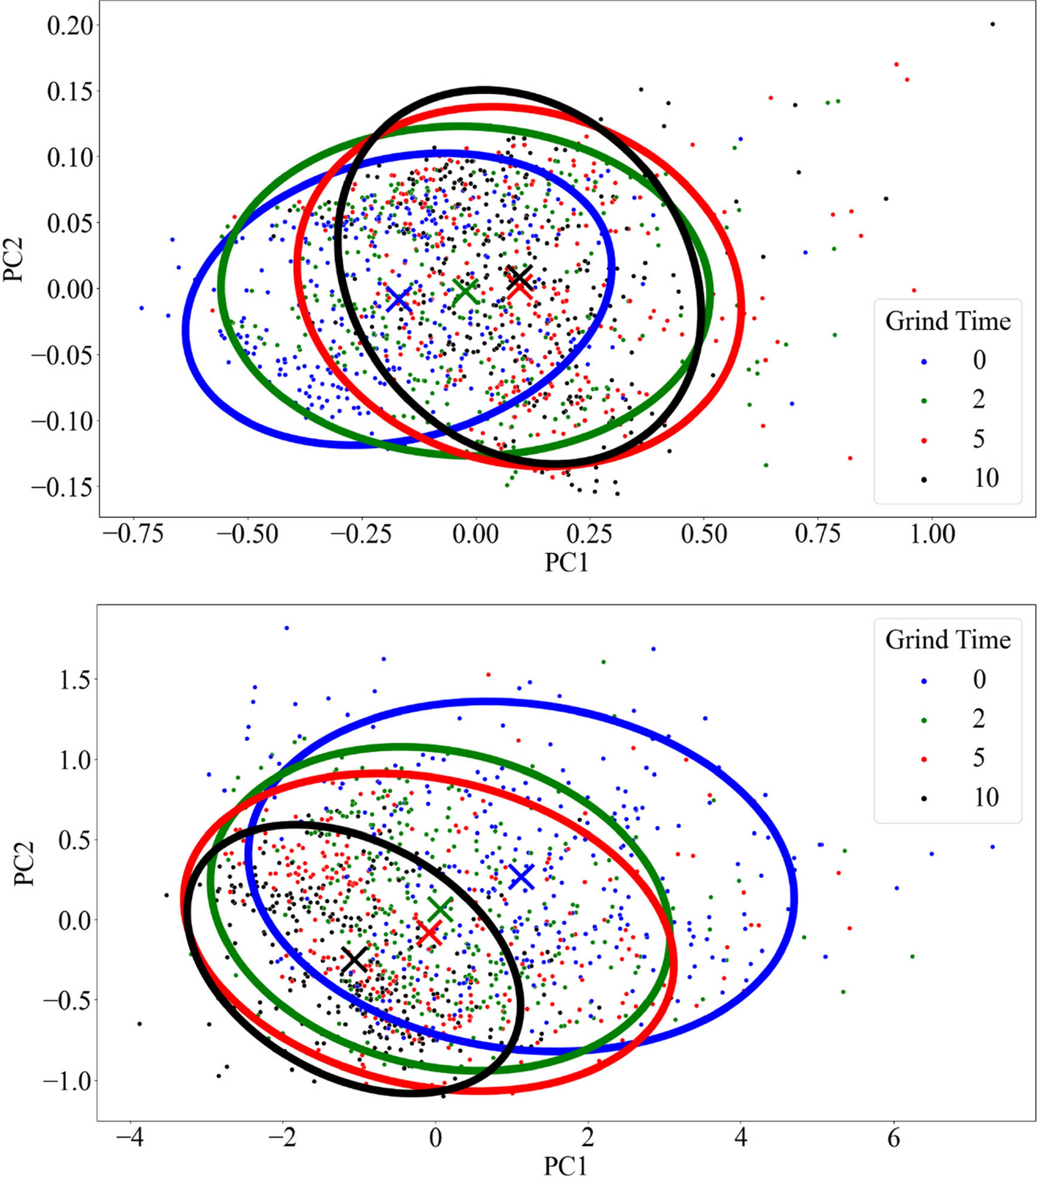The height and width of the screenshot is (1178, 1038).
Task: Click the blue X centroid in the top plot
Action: [399, 299]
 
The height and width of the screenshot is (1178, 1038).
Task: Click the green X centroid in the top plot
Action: [465, 292]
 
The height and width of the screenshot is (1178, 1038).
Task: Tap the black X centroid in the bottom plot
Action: [355, 959]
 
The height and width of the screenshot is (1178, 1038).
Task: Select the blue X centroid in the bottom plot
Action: [521, 877]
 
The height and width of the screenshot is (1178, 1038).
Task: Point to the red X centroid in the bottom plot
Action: [430, 934]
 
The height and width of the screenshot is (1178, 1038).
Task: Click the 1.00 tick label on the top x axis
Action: [932, 534]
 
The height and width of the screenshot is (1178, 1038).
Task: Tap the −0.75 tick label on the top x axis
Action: [133, 534]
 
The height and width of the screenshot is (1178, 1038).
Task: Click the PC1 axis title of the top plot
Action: [566, 563]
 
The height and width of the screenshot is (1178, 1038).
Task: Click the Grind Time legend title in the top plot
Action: [948, 321]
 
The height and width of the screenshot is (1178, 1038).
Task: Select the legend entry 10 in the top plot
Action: [986, 478]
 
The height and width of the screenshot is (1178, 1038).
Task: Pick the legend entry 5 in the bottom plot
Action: [979, 758]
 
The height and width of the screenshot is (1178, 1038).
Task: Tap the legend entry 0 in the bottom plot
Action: [979, 679]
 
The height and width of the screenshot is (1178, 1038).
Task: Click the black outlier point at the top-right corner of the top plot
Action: [993, 24]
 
